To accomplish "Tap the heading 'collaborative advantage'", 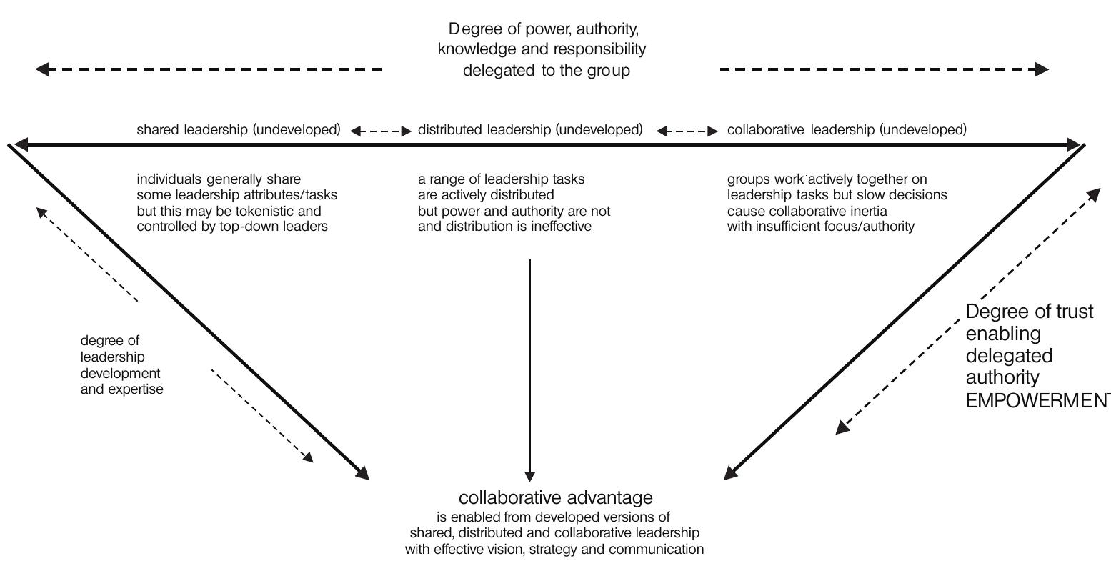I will (555, 497).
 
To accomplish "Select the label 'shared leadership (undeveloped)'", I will (239, 130).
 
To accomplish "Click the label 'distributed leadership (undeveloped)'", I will (530, 130).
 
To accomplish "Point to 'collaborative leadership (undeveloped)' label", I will (847, 130).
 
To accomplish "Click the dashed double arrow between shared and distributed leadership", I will (381, 131).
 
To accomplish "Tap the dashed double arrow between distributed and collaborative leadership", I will (687, 131).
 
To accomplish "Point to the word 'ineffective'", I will (559, 227).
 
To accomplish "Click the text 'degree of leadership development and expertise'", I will (121, 365).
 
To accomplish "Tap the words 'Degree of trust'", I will (1029, 312).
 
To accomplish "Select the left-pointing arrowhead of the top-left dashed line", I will (43, 69).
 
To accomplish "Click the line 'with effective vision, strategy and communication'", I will (554, 549).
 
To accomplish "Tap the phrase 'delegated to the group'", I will (546, 71).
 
